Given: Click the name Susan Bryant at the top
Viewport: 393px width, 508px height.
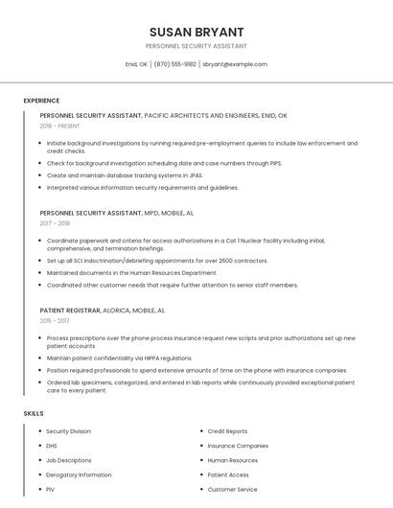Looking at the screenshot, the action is pyautogui.click(x=196, y=32).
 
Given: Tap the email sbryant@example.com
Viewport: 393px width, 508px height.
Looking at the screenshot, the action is pyautogui.click(x=235, y=64).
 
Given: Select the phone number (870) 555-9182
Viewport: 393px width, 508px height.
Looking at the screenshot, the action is pyautogui.click(x=174, y=64).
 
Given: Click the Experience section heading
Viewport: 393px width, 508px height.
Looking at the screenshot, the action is pyautogui.click(x=41, y=101).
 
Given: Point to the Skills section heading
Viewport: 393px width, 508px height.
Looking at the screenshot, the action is pyautogui.click(x=34, y=413).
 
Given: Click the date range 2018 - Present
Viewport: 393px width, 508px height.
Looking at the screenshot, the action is pyautogui.click(x=60, y=126).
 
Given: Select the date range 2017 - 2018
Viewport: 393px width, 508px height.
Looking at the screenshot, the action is pyautogui.click(x=55, y=223).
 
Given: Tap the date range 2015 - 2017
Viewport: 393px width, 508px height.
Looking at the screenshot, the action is pyautogui.click(x=55, y=321).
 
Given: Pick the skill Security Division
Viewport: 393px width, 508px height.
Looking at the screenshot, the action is pyautogui.click(x=69, y=431).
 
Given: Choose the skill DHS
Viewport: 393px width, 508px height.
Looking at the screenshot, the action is pyautogui.click(x=52, y=446).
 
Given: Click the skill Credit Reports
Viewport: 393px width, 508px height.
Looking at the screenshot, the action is pyautogui.click(x=227, y=431).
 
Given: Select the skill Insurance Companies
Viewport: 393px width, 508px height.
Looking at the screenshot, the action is pyautogui.click(x=238, y=446).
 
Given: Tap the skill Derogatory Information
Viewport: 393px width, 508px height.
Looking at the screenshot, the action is pyautogui.click(x=79, y=474).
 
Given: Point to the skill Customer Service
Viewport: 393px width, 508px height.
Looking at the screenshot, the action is pyautogui.click(x=232, y=489).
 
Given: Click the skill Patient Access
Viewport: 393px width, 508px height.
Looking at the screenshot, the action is pyautogui.click(x=228, y=474).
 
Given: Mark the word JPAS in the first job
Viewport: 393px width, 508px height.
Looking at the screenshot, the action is pyautogui.click(x=196, y=175).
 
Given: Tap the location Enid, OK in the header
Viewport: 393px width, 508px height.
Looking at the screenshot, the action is pyautogui.click(x=136, y=64).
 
